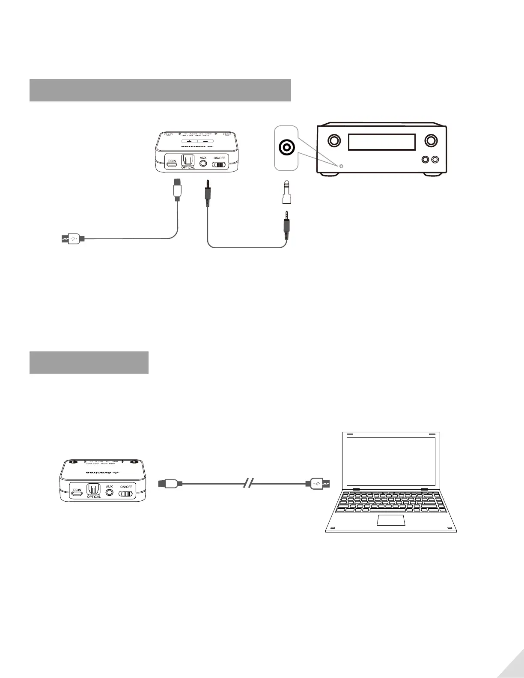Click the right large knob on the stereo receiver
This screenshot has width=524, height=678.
(x=431, y=140)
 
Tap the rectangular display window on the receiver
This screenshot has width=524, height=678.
(x=382, y=142)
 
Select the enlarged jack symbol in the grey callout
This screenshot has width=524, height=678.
(x=286, y=148)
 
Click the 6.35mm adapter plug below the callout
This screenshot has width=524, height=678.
(x=286, y=193)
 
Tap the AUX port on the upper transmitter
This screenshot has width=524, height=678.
(x=203, y=164)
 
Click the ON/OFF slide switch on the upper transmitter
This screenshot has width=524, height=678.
(x=219, y=164)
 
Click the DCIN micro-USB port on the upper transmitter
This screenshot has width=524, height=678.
(x=172, y=164)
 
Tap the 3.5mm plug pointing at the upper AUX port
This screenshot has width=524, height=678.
(x=207, y=193)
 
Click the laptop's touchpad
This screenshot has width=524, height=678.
(x=391, y=520)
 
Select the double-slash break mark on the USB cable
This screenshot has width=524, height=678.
(x=248, y=484)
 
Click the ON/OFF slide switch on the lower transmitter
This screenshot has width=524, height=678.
(x=126, y=493)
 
